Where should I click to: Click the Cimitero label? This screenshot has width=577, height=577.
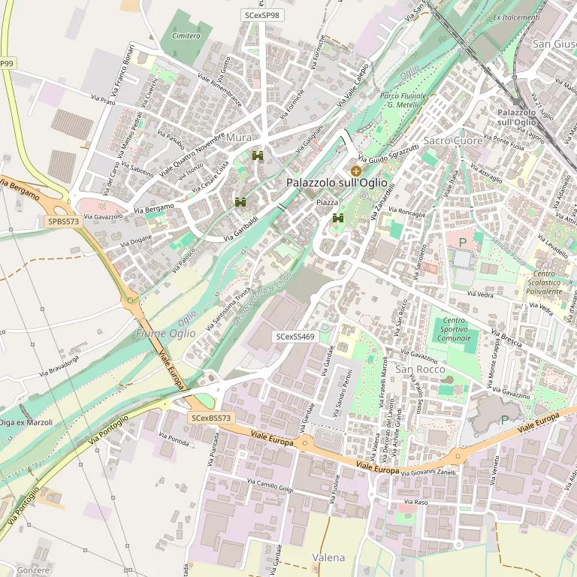point(186,36)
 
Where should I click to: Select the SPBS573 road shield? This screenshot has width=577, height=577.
point(63,222)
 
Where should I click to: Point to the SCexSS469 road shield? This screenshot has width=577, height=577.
point(295,337)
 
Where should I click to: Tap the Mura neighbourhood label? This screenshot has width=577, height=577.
point(239,137)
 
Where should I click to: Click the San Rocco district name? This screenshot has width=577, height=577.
point(420,370)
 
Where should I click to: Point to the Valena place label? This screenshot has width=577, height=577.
point(328,557)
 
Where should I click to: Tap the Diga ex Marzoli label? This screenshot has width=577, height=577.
point(26,422)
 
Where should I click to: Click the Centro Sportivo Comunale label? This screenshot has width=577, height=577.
point(455,330)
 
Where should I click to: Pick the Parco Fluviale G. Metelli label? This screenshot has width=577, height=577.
point(403,101)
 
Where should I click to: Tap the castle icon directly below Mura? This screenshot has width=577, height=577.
point(258,156)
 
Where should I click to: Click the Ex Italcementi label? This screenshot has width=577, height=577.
point(516,17)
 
